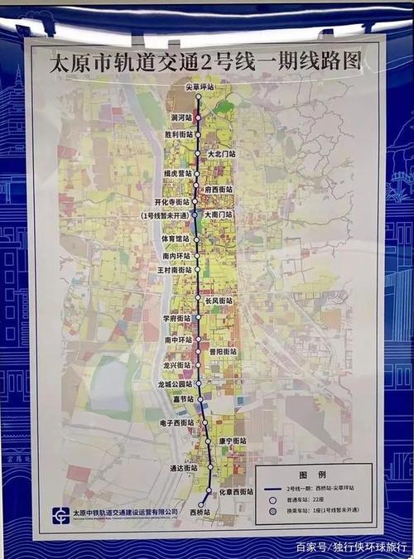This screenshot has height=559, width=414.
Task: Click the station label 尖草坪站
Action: (x=199, y=86)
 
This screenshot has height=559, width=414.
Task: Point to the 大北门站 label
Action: (x=221, y=153)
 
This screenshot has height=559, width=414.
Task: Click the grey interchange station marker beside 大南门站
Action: (x=195, y=214)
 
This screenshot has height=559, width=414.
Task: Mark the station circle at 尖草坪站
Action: (x=199, y=97)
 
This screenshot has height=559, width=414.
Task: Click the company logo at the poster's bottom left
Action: (x=60, y=514)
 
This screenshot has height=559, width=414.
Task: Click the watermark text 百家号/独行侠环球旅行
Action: (x=351, y=547)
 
